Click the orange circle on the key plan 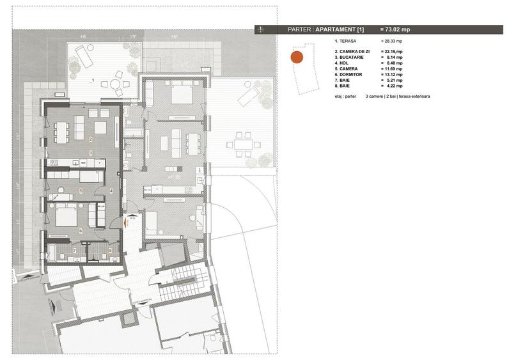296,57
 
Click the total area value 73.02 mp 396,29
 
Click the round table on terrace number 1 115,84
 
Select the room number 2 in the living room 91,139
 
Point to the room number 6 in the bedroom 81,230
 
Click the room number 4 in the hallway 111,191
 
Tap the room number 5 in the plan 81,191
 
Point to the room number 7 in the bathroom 74,251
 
